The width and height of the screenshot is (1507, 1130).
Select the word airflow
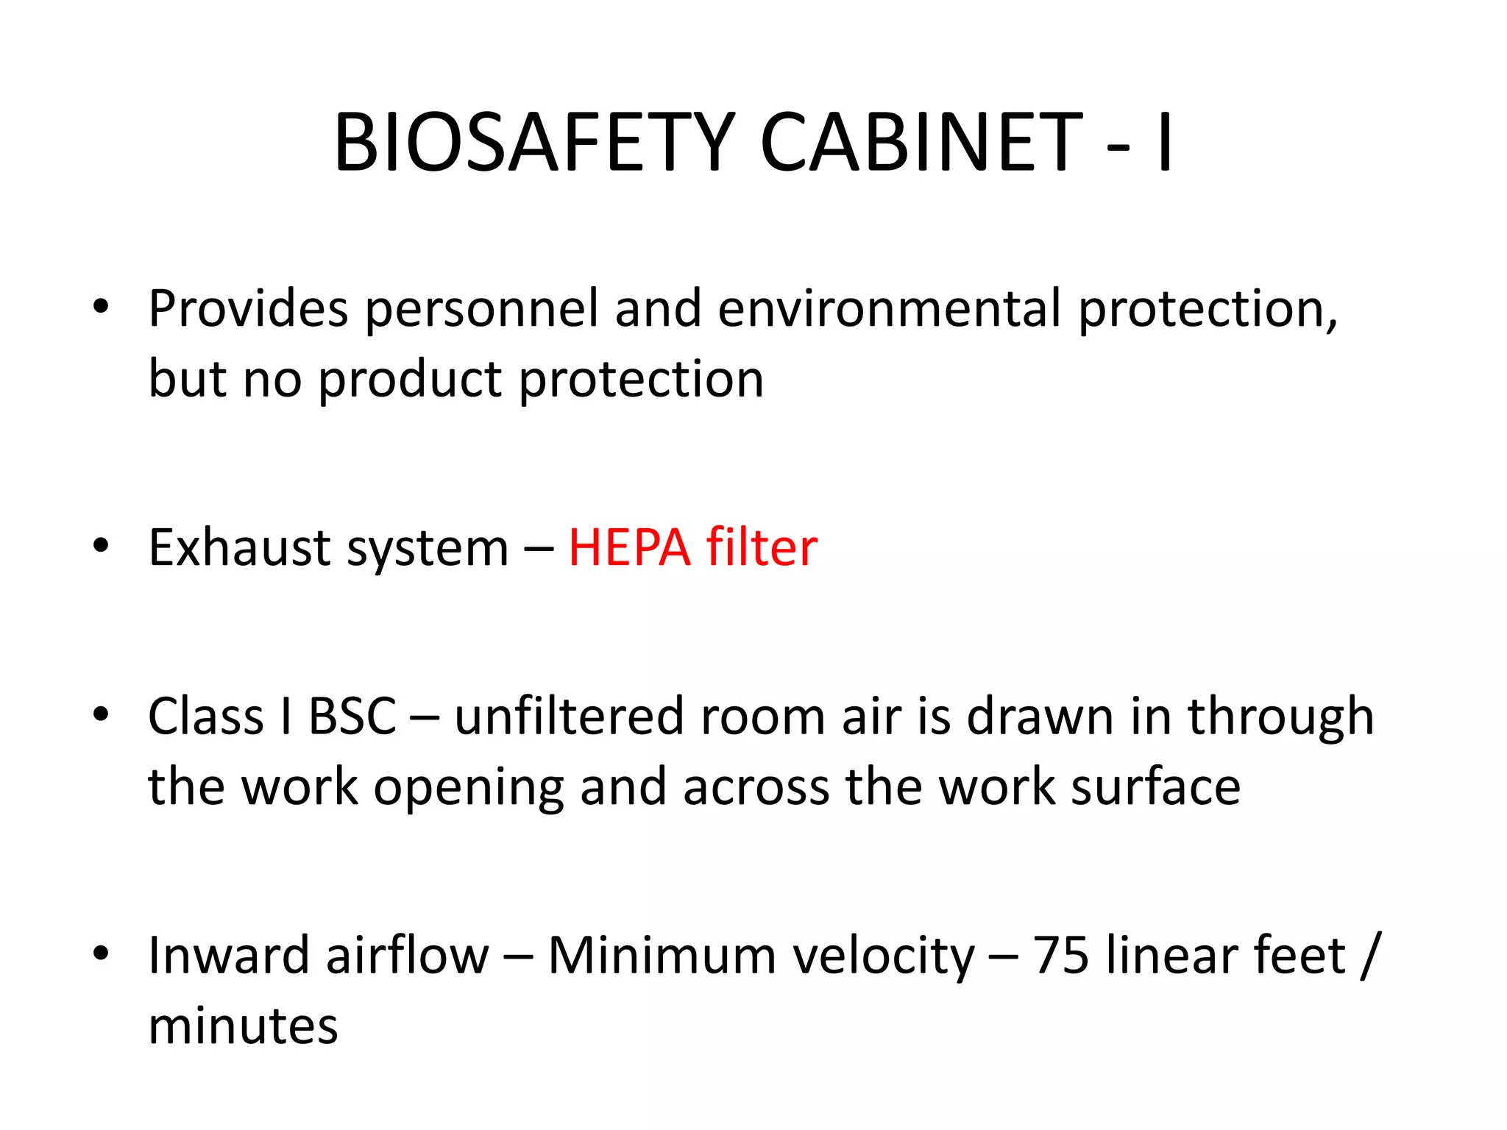[407, 955]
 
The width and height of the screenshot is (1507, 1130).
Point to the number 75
[1061, 955]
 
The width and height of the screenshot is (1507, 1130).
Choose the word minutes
[243, 1026]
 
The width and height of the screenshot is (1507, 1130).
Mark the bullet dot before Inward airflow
[101, 953]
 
